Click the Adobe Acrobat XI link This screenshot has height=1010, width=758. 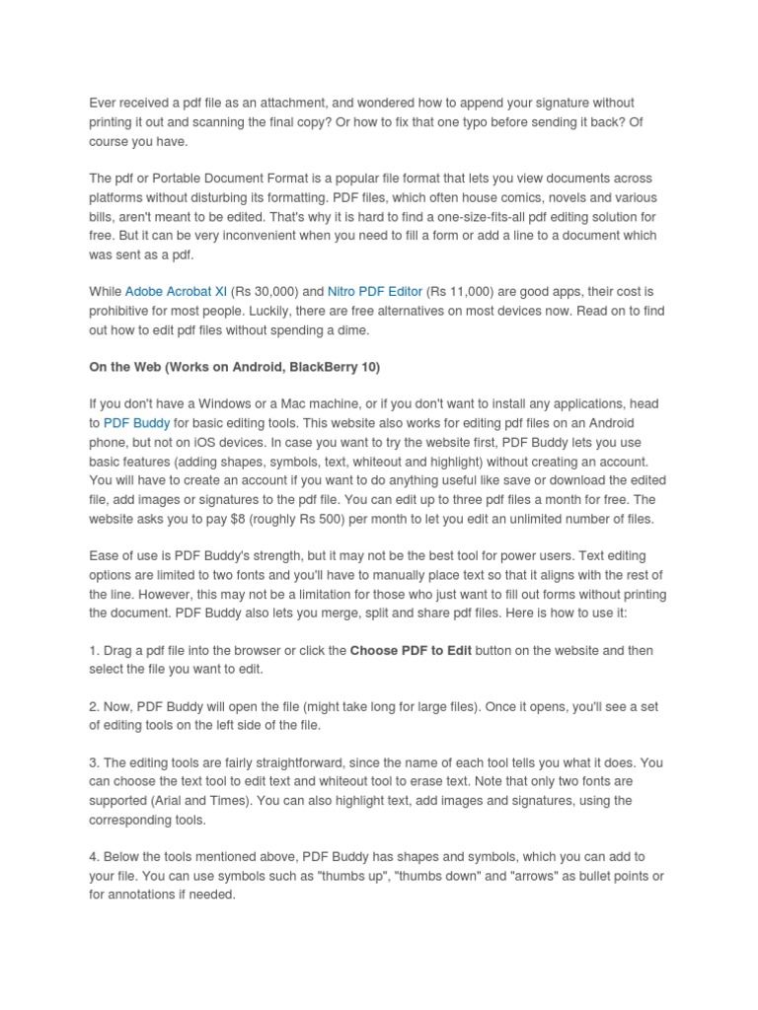176,292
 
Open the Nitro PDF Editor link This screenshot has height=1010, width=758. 374,292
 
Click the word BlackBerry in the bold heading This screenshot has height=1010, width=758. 313,367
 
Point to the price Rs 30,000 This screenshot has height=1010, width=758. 265,292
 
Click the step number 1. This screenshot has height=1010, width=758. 93,651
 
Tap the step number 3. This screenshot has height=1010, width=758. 93,763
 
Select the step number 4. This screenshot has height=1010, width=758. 93,857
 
